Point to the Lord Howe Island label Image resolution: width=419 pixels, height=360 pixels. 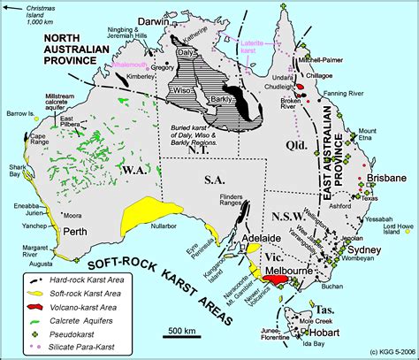point(394,228)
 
